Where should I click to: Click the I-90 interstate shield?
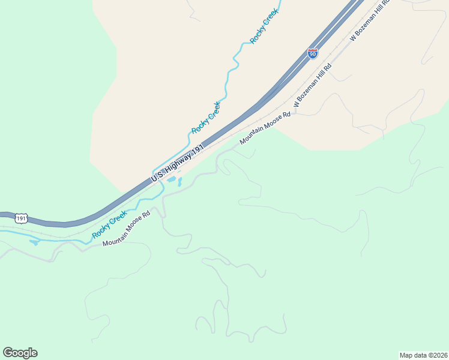pos(312,53)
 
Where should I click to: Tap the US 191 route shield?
pos(21,218)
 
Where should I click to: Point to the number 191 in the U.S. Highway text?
pos(199,147)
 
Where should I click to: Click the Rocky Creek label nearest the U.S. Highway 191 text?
pos(206,118)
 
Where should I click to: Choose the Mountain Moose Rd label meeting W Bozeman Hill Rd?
pos(265,128)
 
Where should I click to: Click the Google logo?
pos(20,353)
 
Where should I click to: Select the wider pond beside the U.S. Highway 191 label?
pos(172,179)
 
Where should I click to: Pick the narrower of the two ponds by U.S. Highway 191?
pos(179,182)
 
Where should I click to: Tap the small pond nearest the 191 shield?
pos(34,242)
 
